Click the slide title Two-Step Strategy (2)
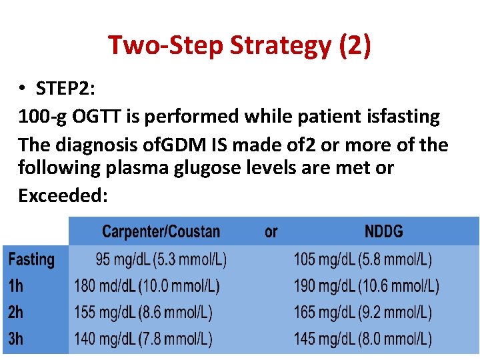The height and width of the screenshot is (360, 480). pyautogui.click(x=240, y=45)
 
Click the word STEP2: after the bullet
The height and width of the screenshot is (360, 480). pyautogui.click(x=67, y=89)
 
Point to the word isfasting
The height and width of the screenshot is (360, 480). pyautogui.click(x=400, y=117)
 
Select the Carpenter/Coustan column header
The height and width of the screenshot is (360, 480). pyautogui.click(x=161, y=231)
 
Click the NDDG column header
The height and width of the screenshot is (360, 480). pyautogui.click(x=384, y=231)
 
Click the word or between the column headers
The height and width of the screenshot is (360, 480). pyautogui.click(x=271, y=231)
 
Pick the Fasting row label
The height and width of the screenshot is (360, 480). pyautogui.click(x=31, y=259)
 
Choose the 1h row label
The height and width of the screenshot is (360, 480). pyautogui.click(x=15, y=286)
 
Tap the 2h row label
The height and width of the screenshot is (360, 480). pyautogui.click(x=15, y=312)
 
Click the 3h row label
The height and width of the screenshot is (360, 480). pyautogui.click(x=15, y=339)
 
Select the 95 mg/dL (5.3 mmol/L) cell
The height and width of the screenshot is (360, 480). pyautogui.click(x=161, y=259)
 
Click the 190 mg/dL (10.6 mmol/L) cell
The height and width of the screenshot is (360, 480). pyautogui.click(x=366, y=286)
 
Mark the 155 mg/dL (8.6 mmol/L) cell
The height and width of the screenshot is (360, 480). pyautogui.click(x=143, y=312)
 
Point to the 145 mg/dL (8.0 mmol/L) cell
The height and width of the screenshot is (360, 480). pyautogui.click(x=363, y=339)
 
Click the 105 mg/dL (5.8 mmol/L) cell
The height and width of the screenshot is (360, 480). pyautogui.click(x=363, y=259)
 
